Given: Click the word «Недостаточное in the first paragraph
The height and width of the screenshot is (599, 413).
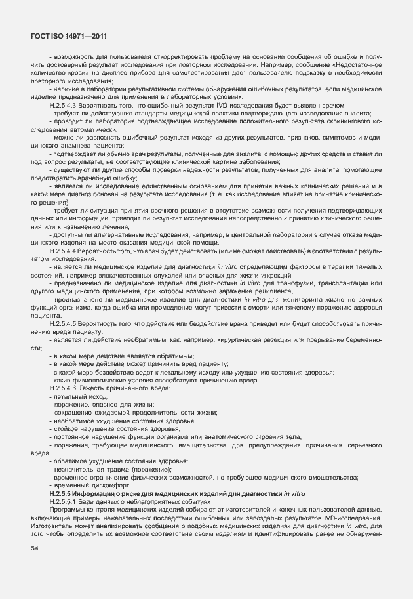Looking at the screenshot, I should click(x=358, y=66).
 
